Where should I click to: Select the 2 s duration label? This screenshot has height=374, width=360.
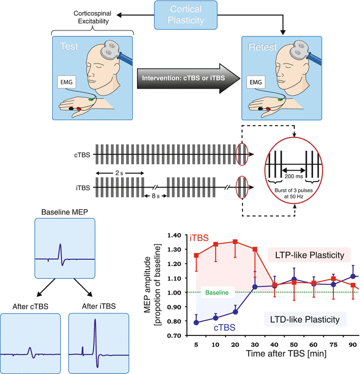(120, 171)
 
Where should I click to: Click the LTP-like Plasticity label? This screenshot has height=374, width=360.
(310, 255)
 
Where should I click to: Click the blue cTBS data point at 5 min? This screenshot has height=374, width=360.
(196, 322)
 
